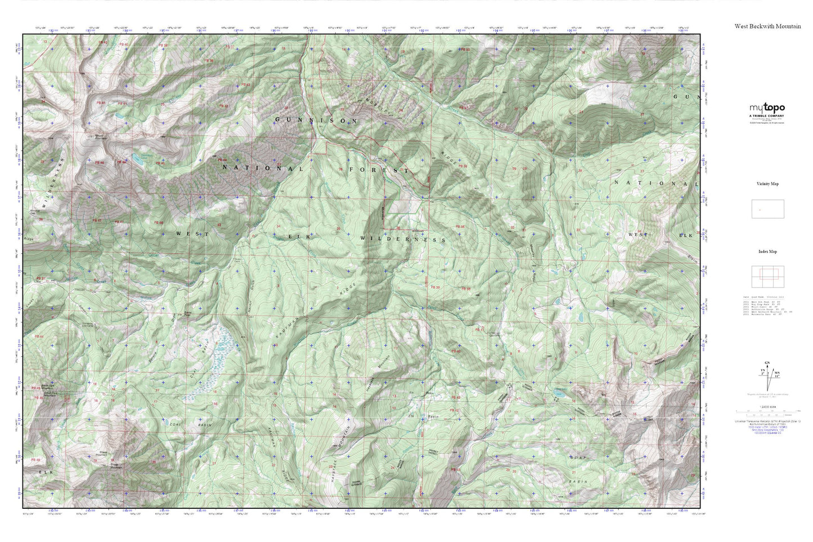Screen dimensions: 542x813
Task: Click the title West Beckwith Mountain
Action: coord(767,26)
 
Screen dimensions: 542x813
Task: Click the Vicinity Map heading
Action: coord(767,184)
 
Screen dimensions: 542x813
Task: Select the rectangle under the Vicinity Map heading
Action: coord(767,209)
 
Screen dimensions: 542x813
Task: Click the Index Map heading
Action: coord(767,252)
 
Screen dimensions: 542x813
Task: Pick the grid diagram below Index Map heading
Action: coord(767,275)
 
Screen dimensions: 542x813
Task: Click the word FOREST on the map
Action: coord(379,169)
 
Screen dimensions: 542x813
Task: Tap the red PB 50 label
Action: coord(465,50)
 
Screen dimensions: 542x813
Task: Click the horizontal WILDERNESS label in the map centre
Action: coord(403,239)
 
